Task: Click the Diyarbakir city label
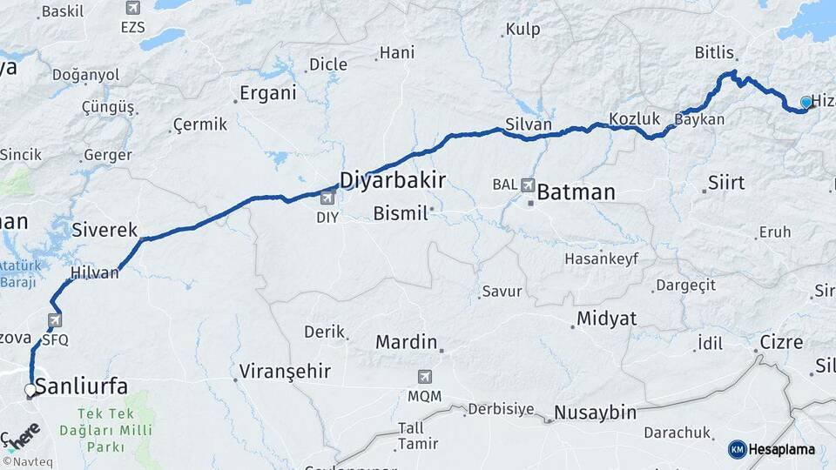click(392, 180)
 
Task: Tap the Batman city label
click(576, 191)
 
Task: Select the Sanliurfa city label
click(82, 386)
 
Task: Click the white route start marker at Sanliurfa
click(30, 390)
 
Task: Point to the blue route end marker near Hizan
click(806, 103)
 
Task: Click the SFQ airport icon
click(55, 320)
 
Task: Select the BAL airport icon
click(527, 185)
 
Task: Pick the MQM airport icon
click(425, 378)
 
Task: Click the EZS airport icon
click(132, 8)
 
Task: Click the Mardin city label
click(406, 342)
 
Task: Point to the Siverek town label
click(104, 231)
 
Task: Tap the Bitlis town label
click(714, 53)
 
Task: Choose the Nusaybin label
click(595, 413)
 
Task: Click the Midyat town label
click(606, 319)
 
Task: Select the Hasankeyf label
click(601, 258)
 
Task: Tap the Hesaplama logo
click(772, 449)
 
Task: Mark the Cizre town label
click(781, 342)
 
